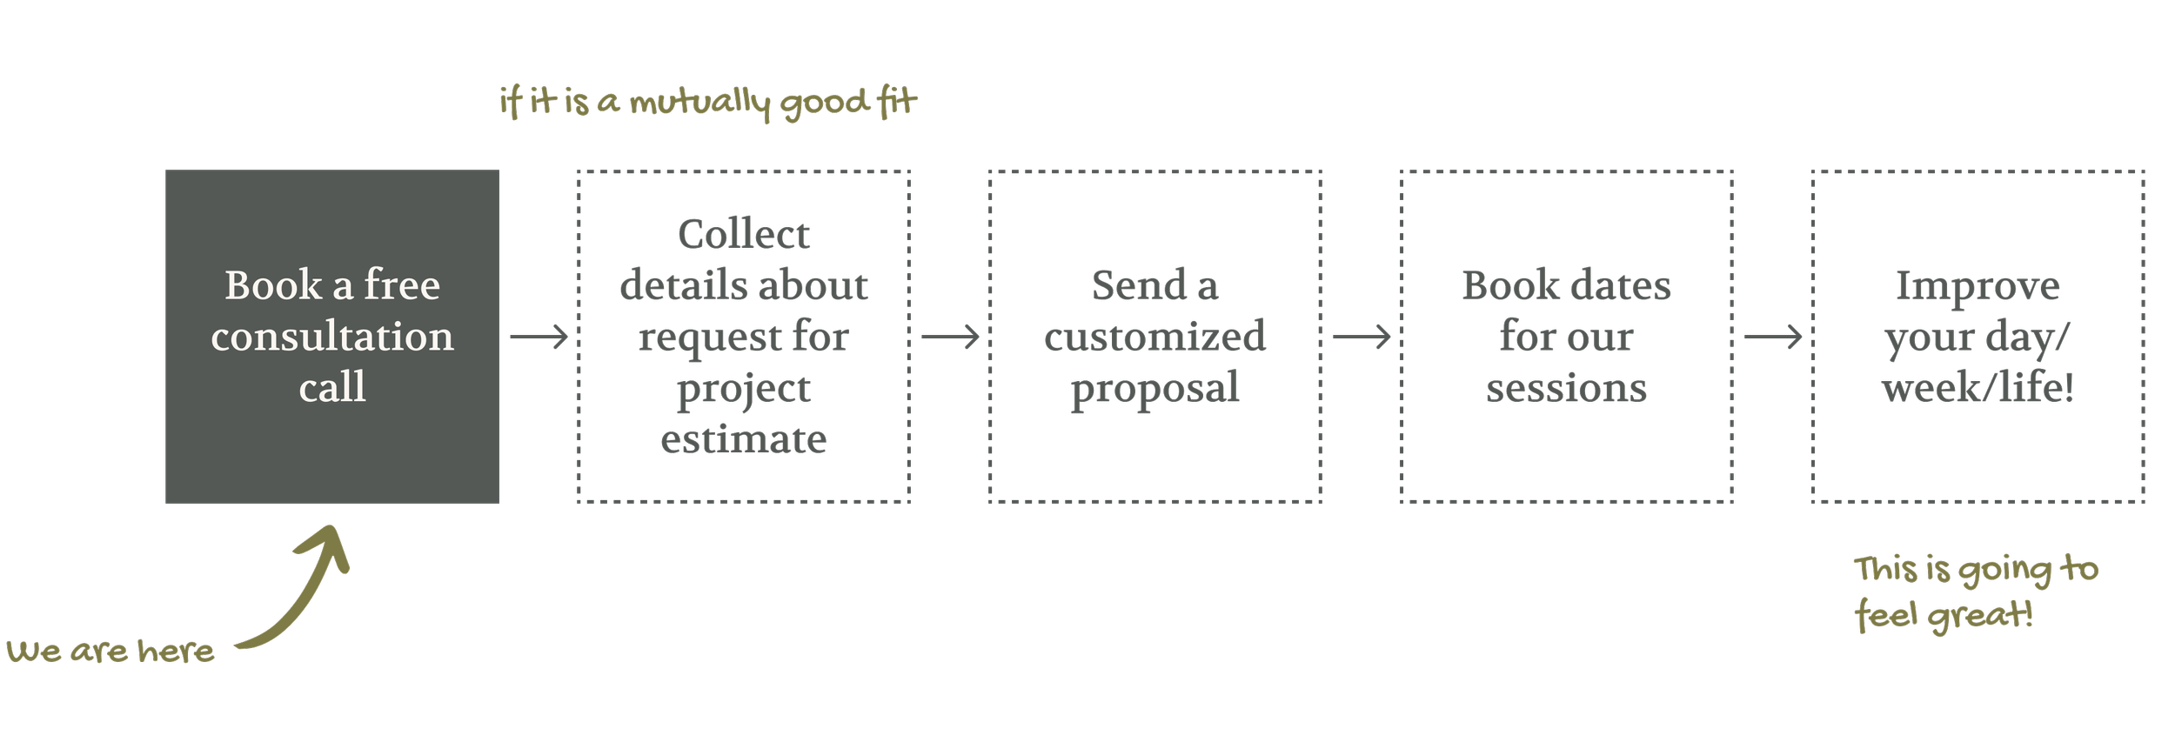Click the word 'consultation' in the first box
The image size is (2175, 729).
(332, 337)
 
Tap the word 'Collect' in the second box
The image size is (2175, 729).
(744, 234)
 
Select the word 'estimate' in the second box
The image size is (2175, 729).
(744, 439)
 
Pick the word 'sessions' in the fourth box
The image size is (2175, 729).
(1566, 388)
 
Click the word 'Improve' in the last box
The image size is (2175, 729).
(1978, 286)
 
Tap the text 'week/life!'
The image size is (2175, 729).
(1978, 388)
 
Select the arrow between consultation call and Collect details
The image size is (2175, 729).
(539, 336)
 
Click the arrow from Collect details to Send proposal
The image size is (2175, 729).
(950, 336)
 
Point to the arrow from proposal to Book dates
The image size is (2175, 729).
(1362, 336)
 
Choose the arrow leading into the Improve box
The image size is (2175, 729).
(1773, 336)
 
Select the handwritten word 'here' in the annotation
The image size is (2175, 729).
(176, 651)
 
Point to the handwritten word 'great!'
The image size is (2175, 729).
(1980, 616)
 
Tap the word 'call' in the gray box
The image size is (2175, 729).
(332, 387)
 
